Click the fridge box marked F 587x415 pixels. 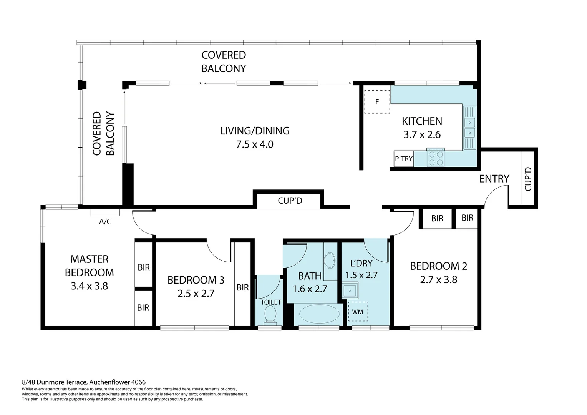[377, 102]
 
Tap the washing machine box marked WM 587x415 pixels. [358, 312]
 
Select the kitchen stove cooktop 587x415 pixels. [436, 158]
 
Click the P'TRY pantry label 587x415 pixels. [404, 159]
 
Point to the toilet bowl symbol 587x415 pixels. [270, 315]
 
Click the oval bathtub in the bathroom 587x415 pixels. [319, 314]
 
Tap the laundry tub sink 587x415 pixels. [350, 290]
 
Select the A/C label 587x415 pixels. [105, 222]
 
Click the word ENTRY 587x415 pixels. [494, 179]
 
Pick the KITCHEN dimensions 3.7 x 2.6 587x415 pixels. [422, 135]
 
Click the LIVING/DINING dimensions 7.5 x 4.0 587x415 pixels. [255, 144]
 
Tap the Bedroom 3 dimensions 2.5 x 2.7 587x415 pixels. [196, 294]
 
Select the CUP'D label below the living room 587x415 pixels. [290, 201]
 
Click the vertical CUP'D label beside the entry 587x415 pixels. [528, 179]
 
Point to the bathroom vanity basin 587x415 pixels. [330, 261]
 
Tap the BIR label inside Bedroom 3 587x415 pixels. [243, 287]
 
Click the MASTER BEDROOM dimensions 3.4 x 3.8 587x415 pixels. [90, 286]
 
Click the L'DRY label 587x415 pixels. [361, 263]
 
